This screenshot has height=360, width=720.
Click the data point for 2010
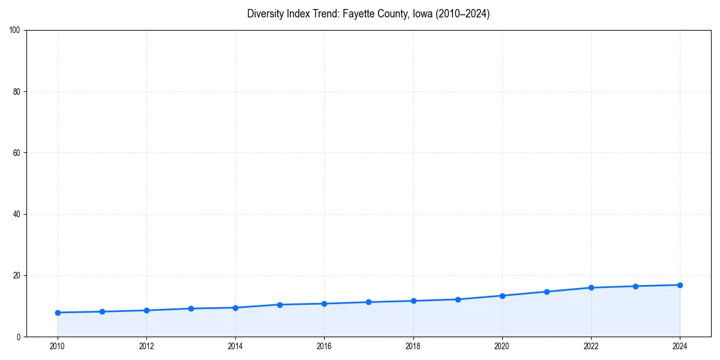pyautogui.click(x=58, y=313)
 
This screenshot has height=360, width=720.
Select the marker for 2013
pyautogui.click(x=191, y=308)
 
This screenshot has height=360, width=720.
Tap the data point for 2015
pyautogui.click(x=280, y=305)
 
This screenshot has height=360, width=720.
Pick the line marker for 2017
pyautogui.click(x=368, y=302)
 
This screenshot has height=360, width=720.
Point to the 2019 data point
pyautogui.click(x=458, y=299)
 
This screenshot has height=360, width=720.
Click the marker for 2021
pyautogui.click(x=547, y=292)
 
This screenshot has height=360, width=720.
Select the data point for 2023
pyautogui.click(x=635, y=286)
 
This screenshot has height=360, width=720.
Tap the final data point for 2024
pyautogui.click(x=680, y=285)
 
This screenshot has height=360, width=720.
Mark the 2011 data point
pyautogui.click(x=102, y=311)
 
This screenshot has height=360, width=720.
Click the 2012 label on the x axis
pyautogui.click(x=146, y=346)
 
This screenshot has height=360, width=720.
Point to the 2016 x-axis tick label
pyautogui.click(x=324, y=346)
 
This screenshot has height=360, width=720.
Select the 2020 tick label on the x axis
pyautogui.click(x=502, y=346)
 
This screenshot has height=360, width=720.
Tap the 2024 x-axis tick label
pyautogui.click(x=680, y=346)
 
